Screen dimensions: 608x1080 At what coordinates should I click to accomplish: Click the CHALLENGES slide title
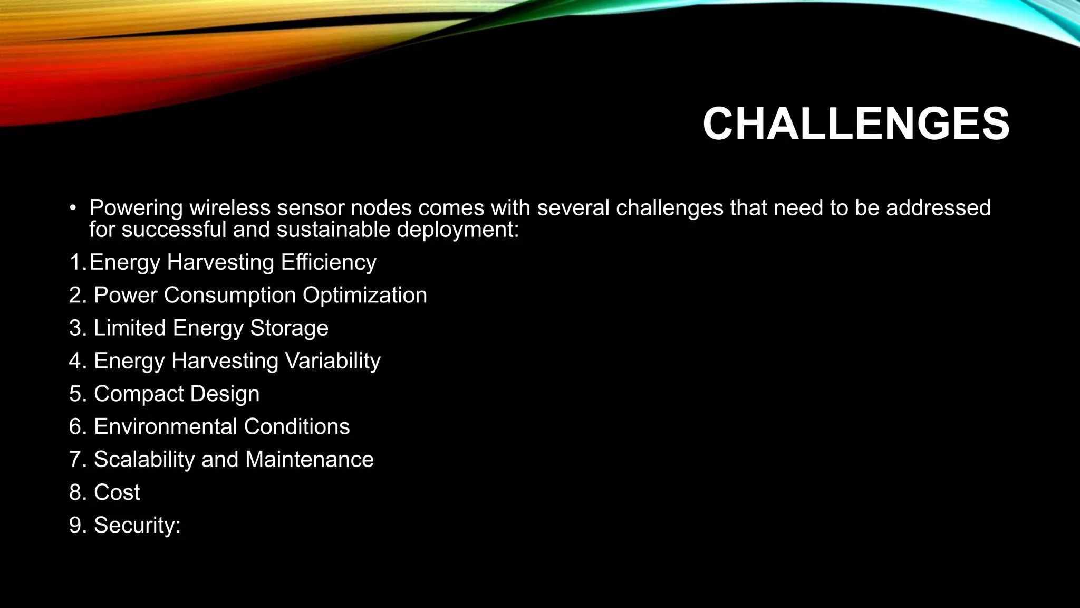[855, 124]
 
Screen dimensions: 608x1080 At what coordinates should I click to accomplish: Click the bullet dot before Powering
[73, 207]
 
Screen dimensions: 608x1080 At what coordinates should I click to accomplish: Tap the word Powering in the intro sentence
[136, 208]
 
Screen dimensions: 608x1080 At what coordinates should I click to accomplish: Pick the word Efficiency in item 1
[328, 262]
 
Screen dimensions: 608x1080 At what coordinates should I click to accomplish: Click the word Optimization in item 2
[364, 296]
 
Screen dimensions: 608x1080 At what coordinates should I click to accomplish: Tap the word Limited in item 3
[130, 328]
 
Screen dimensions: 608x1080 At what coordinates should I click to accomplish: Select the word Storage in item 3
[289, 328]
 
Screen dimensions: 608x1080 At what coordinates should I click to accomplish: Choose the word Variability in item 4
[332, 361]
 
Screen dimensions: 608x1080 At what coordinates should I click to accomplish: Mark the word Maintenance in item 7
[310, 459]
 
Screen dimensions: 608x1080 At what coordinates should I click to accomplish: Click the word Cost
[117, 492]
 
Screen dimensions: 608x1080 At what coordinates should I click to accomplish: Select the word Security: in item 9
[137, 526]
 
